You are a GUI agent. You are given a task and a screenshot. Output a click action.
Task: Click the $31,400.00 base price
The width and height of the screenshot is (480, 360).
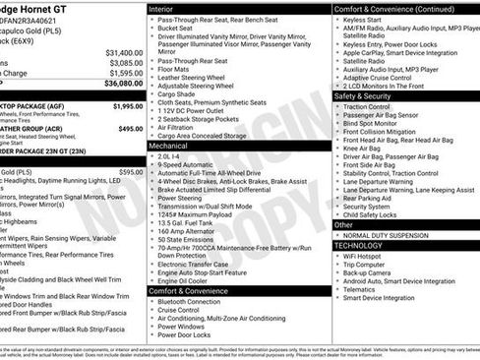coord(123,52)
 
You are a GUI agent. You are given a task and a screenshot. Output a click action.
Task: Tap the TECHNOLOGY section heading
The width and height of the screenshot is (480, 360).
coord(367,245)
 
